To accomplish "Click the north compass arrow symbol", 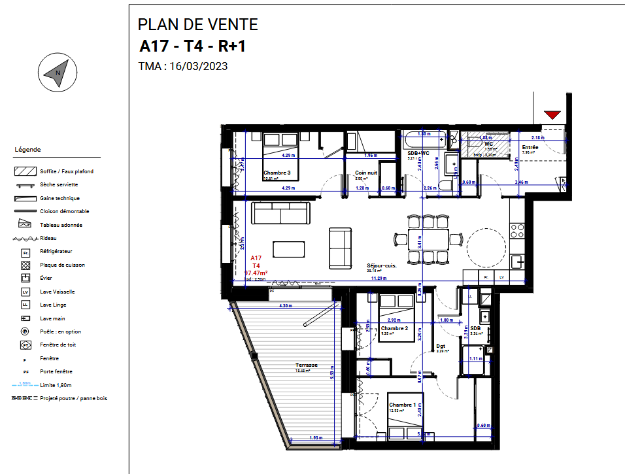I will click(x=57, y=73).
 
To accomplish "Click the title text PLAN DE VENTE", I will click(x=197, y=25).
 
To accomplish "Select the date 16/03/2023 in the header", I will click(x=198, y=66).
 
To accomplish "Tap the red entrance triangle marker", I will click(x=552, y=115).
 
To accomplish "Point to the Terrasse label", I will click(x=306, y=365).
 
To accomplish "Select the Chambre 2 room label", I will click(x=399, y=328).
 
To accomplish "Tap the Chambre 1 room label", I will click(x=402, y=405).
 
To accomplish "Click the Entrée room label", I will click(x=530, y=148).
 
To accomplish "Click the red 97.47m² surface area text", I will click(x=258, y=273).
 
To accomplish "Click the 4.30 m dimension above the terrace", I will click(x=286, y=305).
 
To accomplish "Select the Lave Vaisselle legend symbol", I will click(x=26, y=292).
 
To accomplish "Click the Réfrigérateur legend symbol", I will click(x=26, y=252).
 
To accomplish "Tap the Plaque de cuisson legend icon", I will click(x=26, y=265).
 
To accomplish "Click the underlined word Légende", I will click(x=27, y=150).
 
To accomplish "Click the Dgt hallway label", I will click(x=440, y=346).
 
